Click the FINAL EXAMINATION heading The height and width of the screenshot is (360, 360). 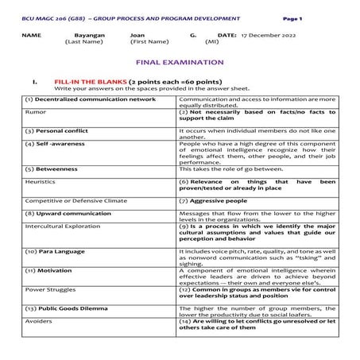coord(180,62)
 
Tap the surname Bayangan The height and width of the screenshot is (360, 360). coord(89,36)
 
